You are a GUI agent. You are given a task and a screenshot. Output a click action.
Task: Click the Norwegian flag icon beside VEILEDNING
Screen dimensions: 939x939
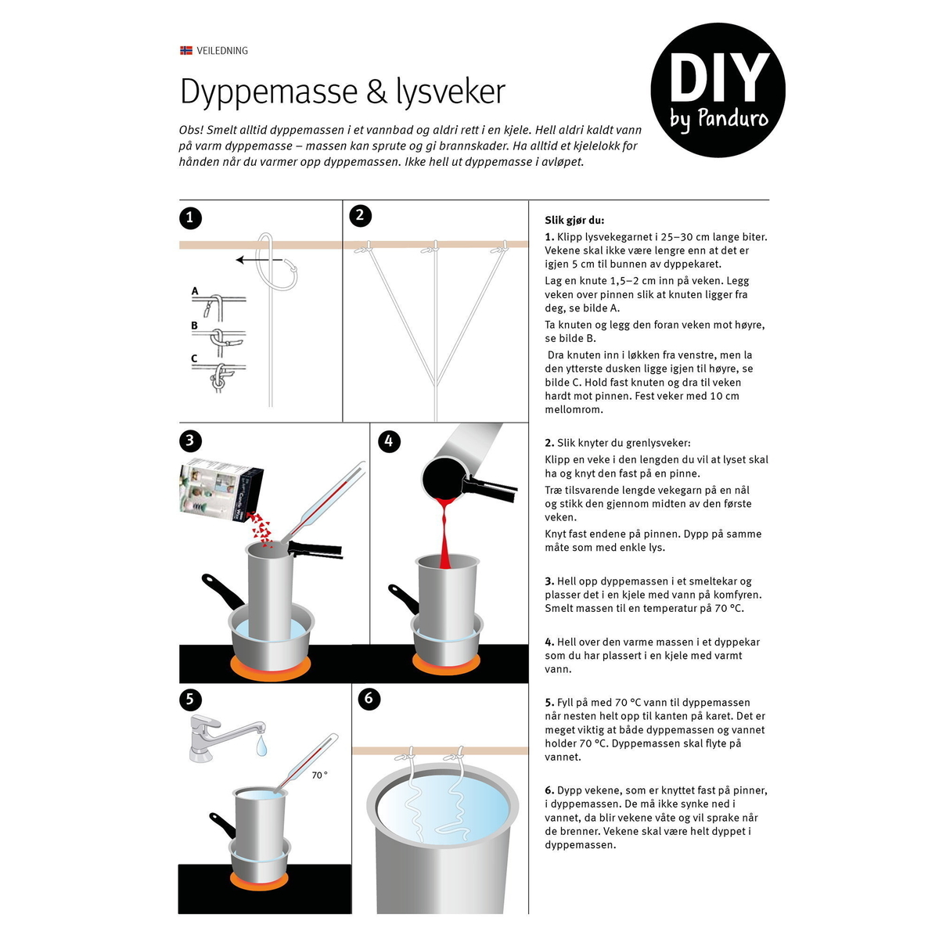tap(185, 50)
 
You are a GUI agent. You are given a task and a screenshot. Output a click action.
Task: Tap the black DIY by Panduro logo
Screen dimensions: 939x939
tap(718, 90)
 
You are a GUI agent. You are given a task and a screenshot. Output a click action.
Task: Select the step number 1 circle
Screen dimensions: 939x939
tap(190, 218)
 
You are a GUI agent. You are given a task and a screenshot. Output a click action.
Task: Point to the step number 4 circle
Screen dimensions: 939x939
tap(388, 441)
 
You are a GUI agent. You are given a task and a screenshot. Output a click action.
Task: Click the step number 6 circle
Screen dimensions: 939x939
tap(369, 698)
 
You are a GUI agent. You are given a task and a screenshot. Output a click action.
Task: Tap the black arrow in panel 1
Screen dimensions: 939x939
tap(259, 260)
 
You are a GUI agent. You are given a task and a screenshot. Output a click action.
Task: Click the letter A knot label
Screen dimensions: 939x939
tap(195, 291)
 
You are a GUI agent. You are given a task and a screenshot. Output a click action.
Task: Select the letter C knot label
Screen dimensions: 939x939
tap(194, 358)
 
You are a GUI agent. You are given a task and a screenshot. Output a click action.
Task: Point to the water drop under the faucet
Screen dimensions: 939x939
tap(261, 746)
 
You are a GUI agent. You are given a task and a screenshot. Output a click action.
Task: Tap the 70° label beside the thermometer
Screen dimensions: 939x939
tap(320, 775)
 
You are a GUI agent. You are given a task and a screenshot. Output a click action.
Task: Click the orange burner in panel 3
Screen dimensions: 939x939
tap(270, 667)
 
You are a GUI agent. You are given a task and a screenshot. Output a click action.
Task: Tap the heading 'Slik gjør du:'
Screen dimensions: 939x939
tap(574, 220)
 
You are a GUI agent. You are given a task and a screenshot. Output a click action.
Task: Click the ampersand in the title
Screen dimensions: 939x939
tap(376, 92)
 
